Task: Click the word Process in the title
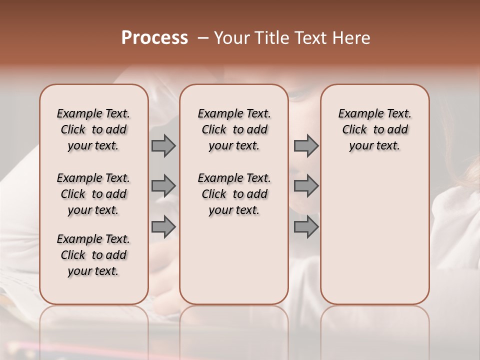pos(154,38)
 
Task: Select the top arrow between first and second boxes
pos(163,145)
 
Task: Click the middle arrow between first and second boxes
pos(163,186)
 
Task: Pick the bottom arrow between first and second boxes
pos(163,226)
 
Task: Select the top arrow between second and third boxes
pos(306,145)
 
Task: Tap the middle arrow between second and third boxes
pos(306,186)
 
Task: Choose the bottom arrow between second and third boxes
pos(306,226)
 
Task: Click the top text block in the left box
pos(93,129)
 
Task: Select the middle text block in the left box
pos(93,194)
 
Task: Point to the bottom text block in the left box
pos(93,255)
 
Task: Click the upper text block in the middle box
pos(234,129)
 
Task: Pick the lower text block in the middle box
pos(234,194)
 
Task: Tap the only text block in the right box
pos(374,129)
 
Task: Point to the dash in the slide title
pos(202,38)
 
